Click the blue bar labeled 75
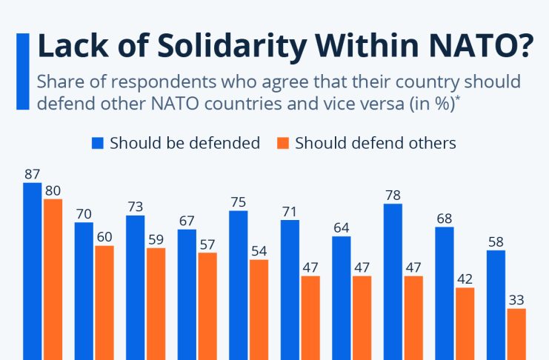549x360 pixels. click(238, 284)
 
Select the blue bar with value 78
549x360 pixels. click(393, 281)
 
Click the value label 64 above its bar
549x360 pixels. click(342, 227)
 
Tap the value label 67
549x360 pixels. click(187, 221)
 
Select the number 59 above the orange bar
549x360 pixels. click(156, 239)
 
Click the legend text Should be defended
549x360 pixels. click(184, 143)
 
